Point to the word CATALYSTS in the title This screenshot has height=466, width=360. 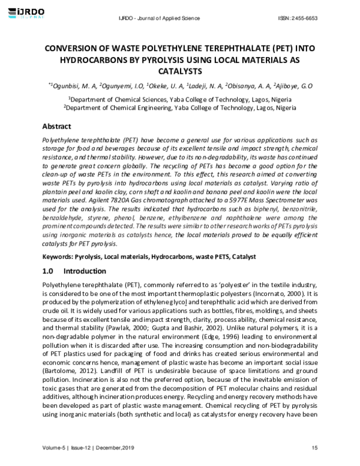coord(180,71)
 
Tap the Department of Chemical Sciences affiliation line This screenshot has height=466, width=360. coord(180,98)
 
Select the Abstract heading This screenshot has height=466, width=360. coord(57,127)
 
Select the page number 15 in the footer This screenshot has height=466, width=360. coord(314,448)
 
